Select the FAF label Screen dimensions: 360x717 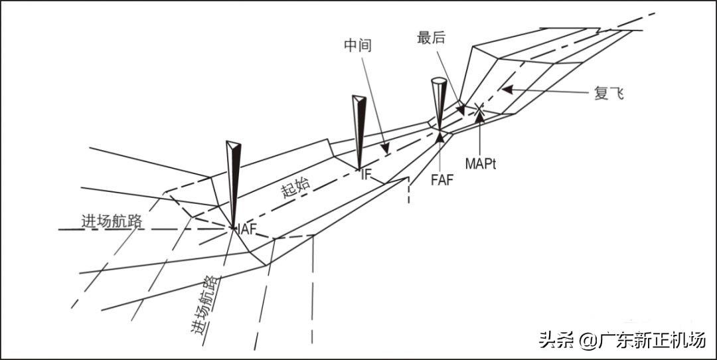(x=441, y=180)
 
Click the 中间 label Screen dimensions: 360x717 (x=357, y=46)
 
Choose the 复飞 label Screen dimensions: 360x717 (x=609, y=93)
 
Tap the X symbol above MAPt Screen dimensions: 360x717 (x=479, y=107)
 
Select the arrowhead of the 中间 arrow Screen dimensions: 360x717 (x=384, y=147)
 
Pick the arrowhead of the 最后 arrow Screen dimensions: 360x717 (x=461, y=108)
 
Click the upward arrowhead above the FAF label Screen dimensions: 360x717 (x=440, y=137)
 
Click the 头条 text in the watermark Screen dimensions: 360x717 (x=552, y=341)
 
